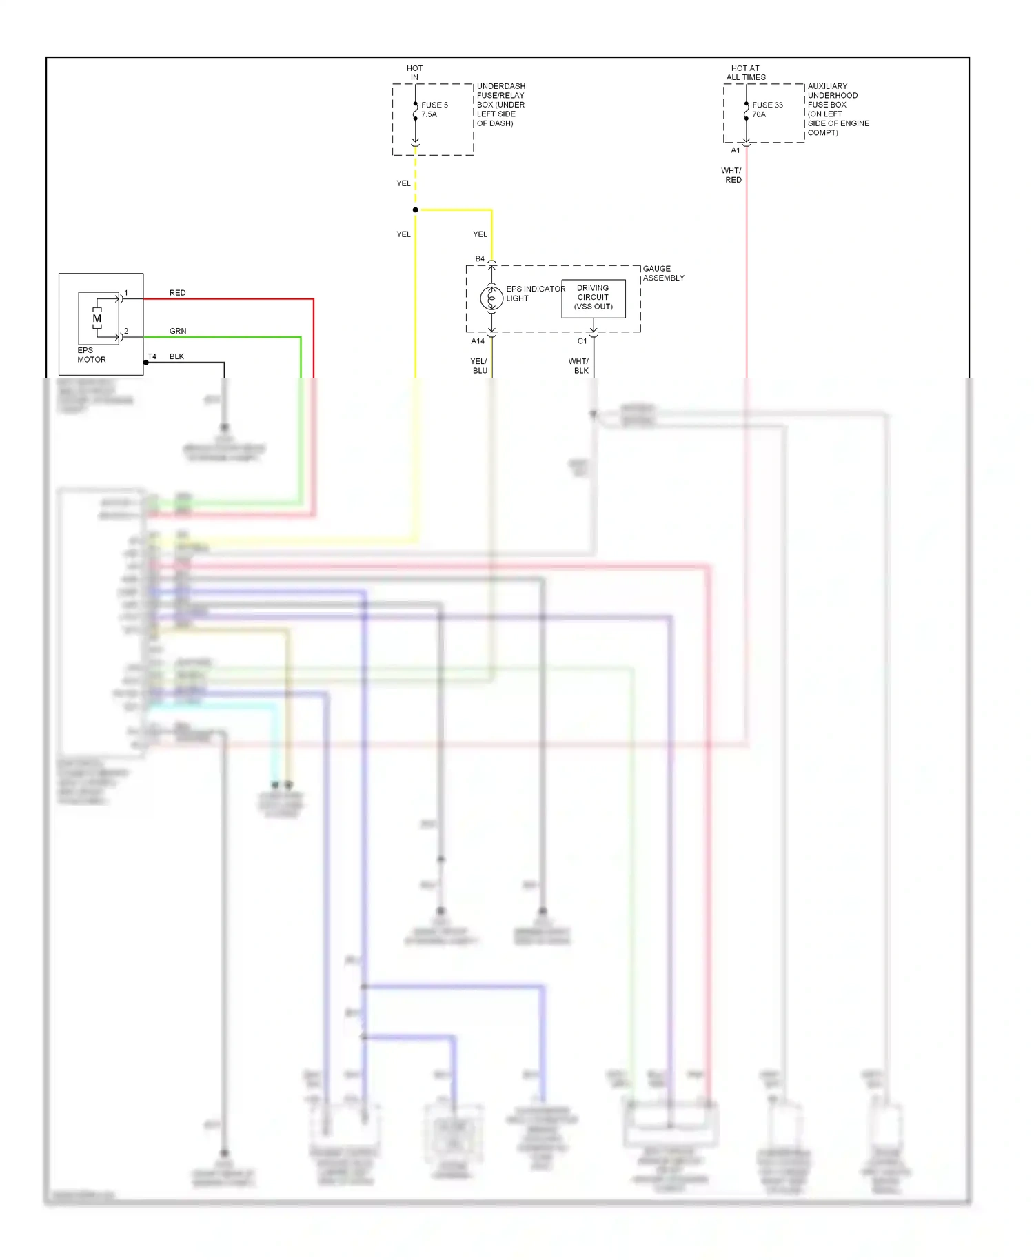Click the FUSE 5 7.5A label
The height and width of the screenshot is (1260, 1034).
pos(434,110)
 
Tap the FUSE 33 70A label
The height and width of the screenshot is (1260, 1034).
pos(767,110)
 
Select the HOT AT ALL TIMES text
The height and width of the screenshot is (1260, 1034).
pos(746,72)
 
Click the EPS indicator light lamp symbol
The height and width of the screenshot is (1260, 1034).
pos(491,298)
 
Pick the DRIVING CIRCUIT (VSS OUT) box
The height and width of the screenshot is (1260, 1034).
pos(593,298)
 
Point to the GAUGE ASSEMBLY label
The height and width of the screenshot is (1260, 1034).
pos(663,273)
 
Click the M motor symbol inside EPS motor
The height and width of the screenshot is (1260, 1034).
pos(97,318)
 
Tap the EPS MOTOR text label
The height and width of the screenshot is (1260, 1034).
pos(91,355)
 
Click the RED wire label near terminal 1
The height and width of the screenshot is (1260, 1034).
pos(177,293)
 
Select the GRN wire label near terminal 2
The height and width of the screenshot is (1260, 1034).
pos(178,331)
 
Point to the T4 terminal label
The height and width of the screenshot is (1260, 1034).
pos(152,356)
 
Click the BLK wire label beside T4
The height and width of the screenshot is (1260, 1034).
pos(176,356)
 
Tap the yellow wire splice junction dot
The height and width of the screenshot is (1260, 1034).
pos(415,210)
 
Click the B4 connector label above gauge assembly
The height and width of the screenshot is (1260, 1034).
pos(480,259)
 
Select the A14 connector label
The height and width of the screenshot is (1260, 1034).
pos(478,341)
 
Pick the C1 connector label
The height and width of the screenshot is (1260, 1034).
pos(582,341)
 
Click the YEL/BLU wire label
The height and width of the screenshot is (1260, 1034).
pos(479,366)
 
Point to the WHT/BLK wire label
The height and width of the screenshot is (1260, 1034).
pos(579,366)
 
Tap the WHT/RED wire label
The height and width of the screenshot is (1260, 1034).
pos(732,175)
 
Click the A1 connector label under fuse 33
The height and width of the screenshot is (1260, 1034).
pos(736,150)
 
